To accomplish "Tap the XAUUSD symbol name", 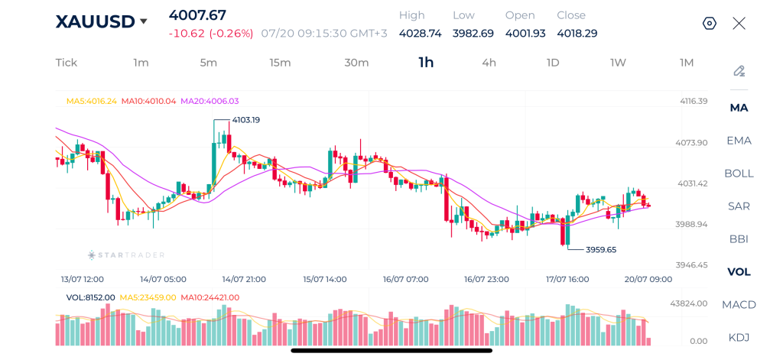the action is [95, 21].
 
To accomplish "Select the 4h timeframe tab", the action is [489, 63].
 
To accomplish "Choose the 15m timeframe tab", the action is [280, 63].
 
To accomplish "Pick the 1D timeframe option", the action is [553, 63].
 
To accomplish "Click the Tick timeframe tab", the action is [67, 63].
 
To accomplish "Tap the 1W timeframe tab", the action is [618, 63].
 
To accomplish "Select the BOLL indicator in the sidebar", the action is [739, 174].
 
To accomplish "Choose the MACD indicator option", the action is [739, 304].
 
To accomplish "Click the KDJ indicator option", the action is [739, 337].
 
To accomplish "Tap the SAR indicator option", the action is [739, 206].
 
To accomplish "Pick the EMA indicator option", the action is [739, 141].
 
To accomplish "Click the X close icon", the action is [739, 23].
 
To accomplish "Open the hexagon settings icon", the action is [710, 23].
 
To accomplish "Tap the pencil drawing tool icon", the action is [739, 71].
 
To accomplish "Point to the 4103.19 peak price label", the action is [246, 120].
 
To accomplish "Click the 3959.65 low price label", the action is [601, 249].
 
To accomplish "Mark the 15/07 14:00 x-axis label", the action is [324, 279].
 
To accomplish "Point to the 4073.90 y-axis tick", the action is [691, 143].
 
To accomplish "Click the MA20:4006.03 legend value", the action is [210, 101].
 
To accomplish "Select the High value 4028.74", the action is [421, 34].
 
